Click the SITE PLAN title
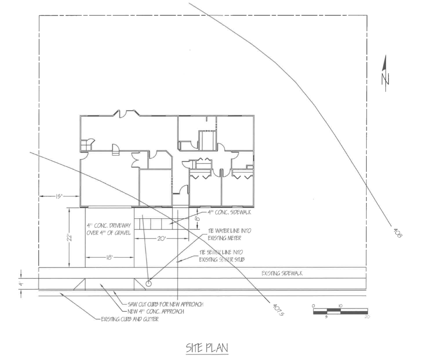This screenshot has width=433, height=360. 207,348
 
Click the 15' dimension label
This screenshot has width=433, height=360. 58,196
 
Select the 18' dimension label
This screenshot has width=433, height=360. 110,257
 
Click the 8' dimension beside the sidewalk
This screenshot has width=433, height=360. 197,217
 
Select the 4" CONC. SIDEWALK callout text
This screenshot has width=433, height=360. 229,213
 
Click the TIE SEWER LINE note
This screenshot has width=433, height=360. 222,256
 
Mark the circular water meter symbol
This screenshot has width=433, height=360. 148,283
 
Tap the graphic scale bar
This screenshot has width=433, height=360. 340,311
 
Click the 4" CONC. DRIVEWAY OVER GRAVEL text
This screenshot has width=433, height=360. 109,229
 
